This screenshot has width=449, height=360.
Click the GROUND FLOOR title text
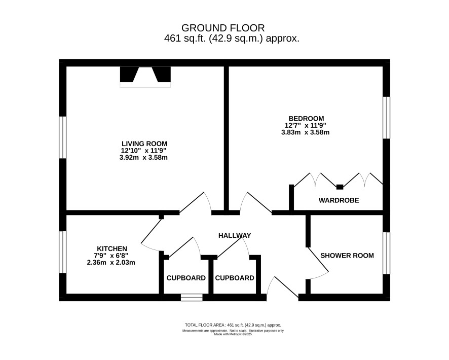point(223,28)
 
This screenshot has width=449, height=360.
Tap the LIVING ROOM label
point(144,144)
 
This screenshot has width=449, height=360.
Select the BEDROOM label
point(306,119)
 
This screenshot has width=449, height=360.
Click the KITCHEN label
point(112,248)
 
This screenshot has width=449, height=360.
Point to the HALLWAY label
point(235,235)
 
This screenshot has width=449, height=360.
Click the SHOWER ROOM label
point(347,256)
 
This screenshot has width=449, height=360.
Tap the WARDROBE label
point(339,200)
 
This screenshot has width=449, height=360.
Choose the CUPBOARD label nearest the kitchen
point(186,278)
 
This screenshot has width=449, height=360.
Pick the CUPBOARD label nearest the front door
point(235,278)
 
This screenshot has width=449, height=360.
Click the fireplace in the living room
point(145,77)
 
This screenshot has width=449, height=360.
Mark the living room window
point(63,137)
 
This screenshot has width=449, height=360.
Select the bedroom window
point(386,118)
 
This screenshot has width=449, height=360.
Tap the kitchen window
point(63,252)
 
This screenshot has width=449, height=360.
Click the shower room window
point(386,253)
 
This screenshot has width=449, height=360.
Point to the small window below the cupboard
point(192,298)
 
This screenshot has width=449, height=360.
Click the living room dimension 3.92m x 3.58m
point(143,158)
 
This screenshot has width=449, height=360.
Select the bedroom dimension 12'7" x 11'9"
point(306,125)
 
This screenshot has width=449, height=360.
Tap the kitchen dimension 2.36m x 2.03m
point(111,262)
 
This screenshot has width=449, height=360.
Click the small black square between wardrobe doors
point(340,187)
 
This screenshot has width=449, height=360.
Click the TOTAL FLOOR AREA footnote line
point(233,325)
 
